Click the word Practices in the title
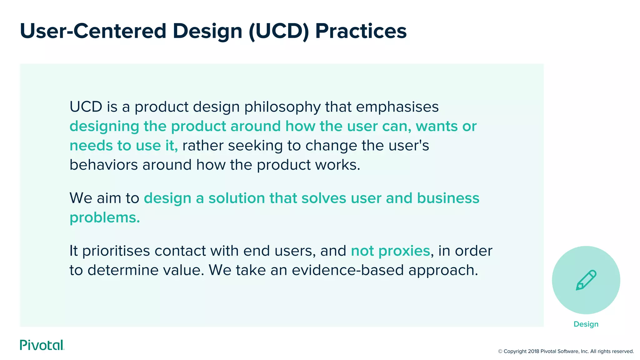pyautogui.click(x=361, y=31)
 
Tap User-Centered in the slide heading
pyautogui.click(x=93, y=31)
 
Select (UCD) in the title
pyautogui.click(x=279, y=31)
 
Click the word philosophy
pyautogui.click(x=282, y=107)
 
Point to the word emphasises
pyautogui.click(x=397, y=107)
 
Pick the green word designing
pyautogui.click(x=104, y=127)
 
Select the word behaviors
pyautogui.click(x=103, y=165)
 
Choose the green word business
pyautogui.click(x=448, y=198)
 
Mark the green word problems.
pyautogui.click(x=105, y=218)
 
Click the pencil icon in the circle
pyautogui.click(x=586, y=280)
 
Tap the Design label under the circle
pyautogui.click(x=586, y=324)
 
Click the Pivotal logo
pyautogui.click(x=42, y=345)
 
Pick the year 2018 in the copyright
pyautogui.click(x=533, y=351)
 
